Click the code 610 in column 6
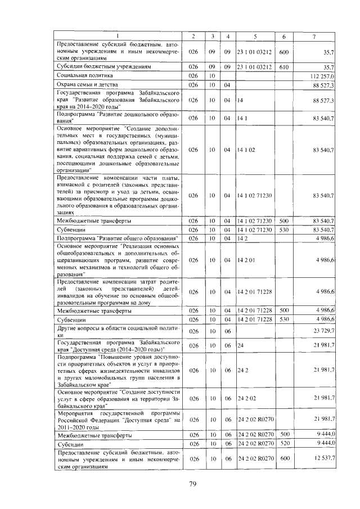(283, 66)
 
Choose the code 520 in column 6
(283, 444)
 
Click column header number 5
(255, 37)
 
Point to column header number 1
(118, 37)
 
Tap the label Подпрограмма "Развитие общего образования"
(118, 238)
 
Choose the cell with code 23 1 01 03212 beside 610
(255, 66)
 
